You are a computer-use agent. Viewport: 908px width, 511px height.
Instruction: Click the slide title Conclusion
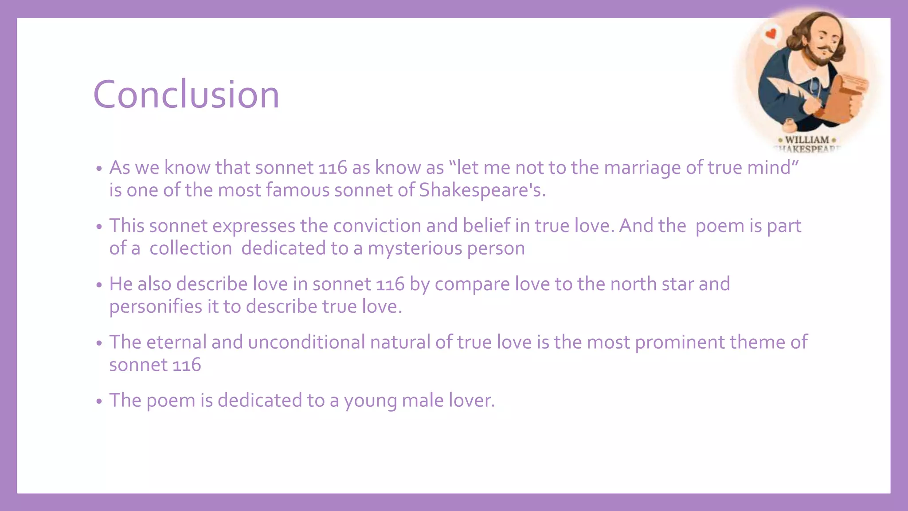click(186, 94)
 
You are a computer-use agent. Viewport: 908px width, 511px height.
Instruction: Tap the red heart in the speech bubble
click(772, 33)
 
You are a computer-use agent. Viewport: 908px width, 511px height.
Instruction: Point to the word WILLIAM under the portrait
click(807, 140)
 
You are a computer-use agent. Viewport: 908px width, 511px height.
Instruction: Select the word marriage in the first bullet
click(642, 168)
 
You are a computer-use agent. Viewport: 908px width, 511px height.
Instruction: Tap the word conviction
click(377, 226)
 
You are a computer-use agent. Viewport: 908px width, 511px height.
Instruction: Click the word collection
click(191, 248)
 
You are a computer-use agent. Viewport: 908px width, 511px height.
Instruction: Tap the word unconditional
click(306, 342)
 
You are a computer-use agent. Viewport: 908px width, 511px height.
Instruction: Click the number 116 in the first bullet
click(333, 168)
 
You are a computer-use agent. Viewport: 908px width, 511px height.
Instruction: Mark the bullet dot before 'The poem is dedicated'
click(99, 401)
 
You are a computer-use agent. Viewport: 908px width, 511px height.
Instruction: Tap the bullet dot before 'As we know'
click(99, 169)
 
